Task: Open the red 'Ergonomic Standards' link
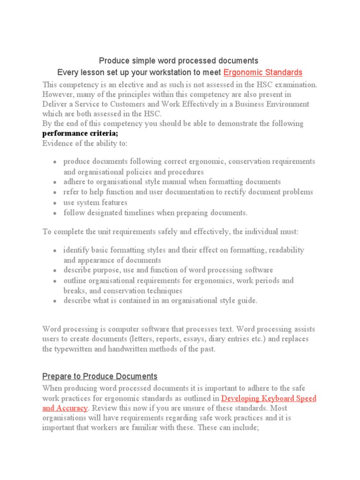pos(263,73)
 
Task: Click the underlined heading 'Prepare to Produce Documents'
pos(100,376)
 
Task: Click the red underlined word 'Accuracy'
pos(72,408)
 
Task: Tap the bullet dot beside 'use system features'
pos(55,203)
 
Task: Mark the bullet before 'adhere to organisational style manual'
pos(55,182)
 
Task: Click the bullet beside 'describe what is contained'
pos(55,301)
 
